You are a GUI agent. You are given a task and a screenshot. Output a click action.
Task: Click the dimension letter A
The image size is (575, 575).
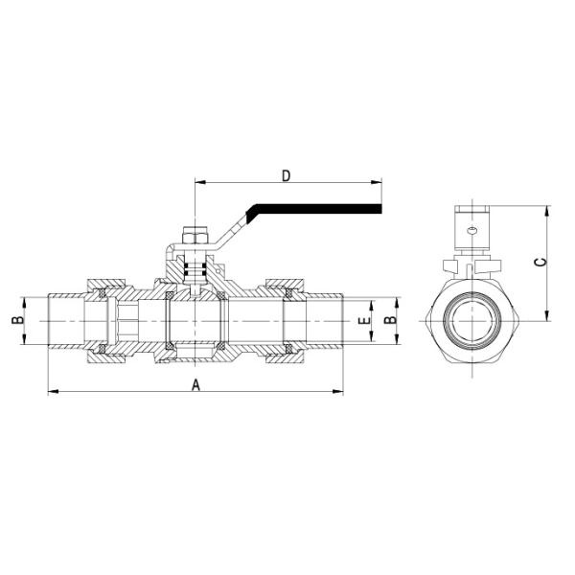[196, 384]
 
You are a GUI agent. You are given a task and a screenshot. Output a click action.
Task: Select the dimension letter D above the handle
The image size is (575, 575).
[286, 176]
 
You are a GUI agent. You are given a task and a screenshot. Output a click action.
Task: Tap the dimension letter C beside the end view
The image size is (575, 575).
[540, 261]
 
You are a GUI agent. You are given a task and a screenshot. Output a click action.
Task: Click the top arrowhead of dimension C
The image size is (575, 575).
[544, 209]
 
